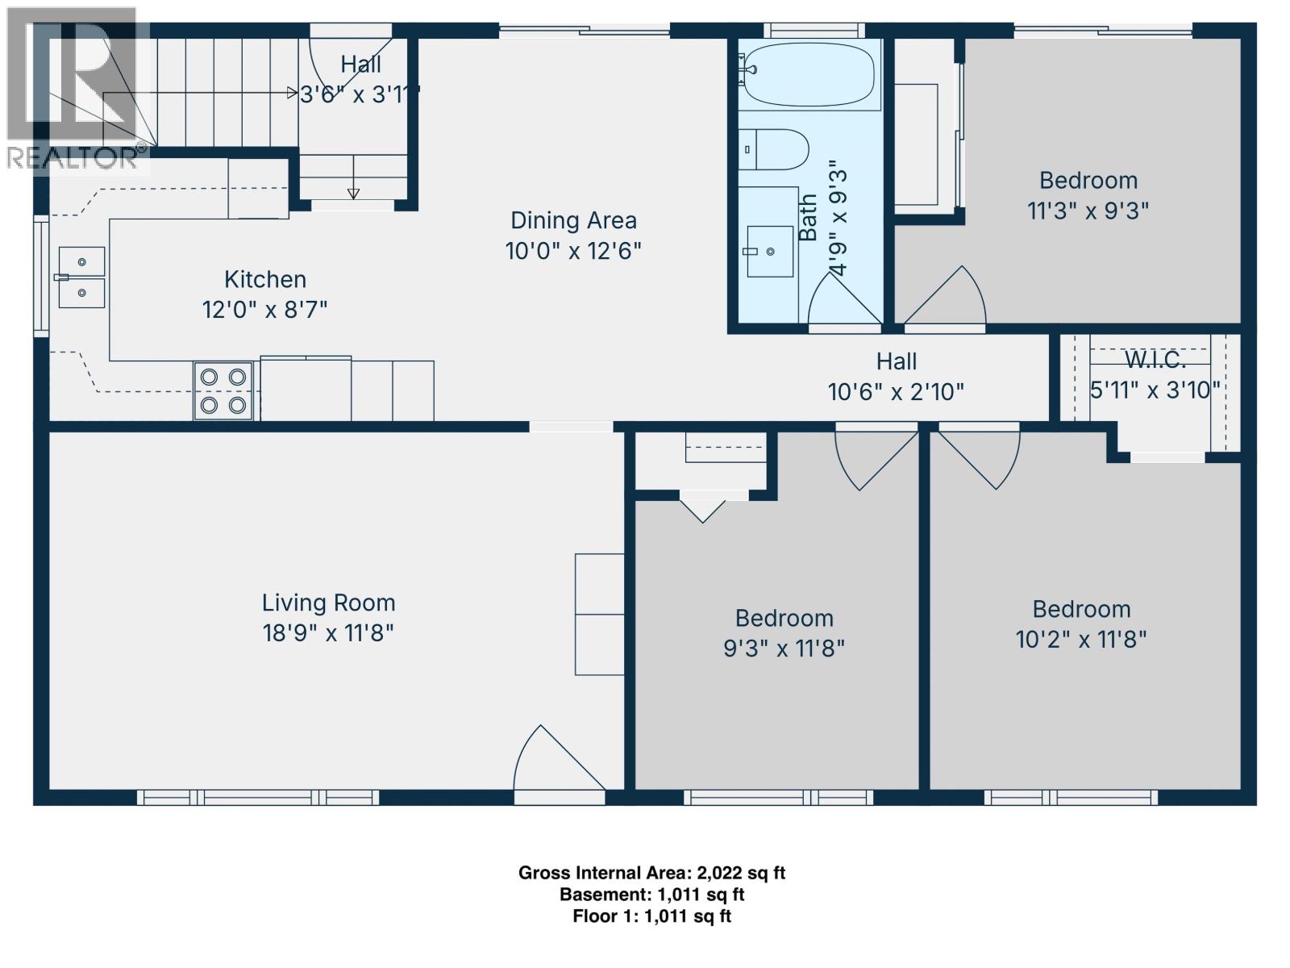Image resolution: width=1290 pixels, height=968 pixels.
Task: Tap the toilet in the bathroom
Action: coord(774,149)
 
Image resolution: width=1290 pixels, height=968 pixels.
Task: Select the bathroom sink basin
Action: coord(769,251)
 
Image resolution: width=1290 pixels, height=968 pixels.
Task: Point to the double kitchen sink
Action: coord(81,277)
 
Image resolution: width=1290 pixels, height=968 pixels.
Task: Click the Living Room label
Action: coord(328,603)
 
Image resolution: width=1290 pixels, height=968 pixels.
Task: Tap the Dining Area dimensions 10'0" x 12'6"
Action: coord(573,251)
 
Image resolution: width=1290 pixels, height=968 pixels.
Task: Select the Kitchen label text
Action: coord(265,280)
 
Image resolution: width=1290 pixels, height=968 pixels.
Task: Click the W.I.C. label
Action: coord(1155,360)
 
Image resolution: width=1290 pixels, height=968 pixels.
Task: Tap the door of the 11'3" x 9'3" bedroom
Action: coord(947,298)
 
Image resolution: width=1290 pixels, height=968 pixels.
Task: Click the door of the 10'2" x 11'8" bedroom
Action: coord(980,456)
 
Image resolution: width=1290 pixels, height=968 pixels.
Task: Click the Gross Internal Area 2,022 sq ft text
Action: coord(651,873)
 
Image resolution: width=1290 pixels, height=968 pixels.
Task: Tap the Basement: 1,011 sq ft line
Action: coord(651,895)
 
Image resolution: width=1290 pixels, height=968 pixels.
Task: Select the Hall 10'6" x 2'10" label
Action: coord(896,377)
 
